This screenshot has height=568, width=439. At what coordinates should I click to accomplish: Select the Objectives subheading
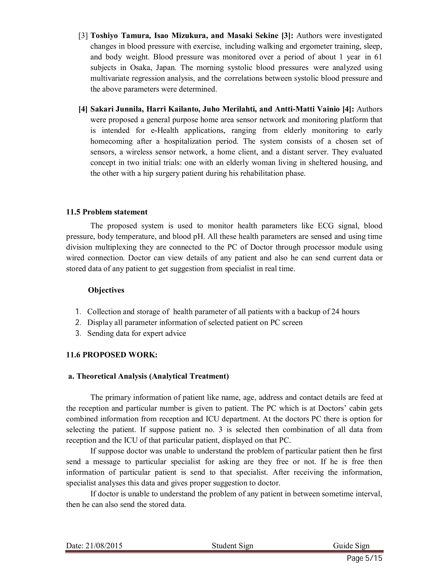(x=106, y=290)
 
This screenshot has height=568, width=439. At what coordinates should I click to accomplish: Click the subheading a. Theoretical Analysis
(x=149, y=376)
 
